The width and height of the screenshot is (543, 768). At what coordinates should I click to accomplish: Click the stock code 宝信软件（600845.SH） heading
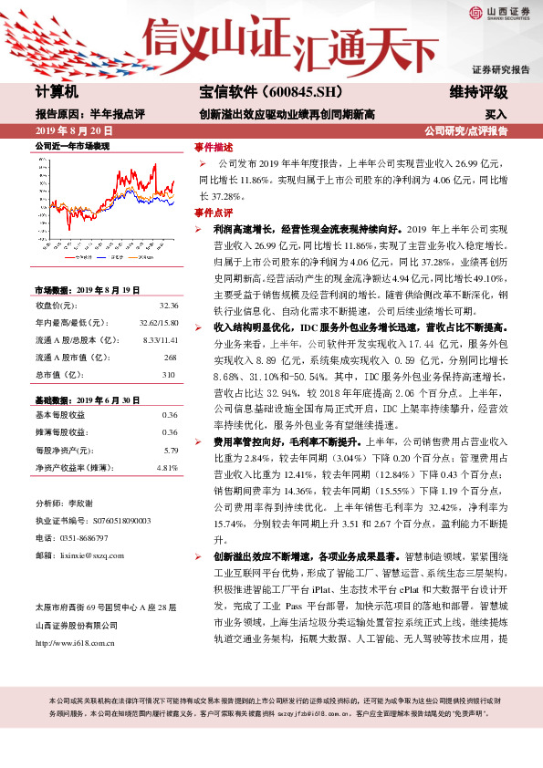tap(258, 92)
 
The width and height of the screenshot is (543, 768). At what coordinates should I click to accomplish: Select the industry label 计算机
tap(57, 92)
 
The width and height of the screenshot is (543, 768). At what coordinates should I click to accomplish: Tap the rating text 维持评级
tap(479, 92)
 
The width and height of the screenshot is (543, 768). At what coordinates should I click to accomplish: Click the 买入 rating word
tap(496, 115)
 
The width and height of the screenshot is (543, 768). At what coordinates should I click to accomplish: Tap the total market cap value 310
tap(168, 374)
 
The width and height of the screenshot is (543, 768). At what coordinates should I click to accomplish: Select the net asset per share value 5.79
tap(170, 450)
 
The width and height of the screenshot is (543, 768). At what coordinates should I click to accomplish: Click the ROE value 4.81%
tap(166, 467)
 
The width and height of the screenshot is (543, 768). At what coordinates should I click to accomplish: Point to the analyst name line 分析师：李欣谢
tap(67, 503)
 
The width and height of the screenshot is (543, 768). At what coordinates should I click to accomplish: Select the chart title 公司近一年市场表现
tap(72, 146)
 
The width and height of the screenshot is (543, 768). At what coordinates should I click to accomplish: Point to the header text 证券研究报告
tap(500, 69)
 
